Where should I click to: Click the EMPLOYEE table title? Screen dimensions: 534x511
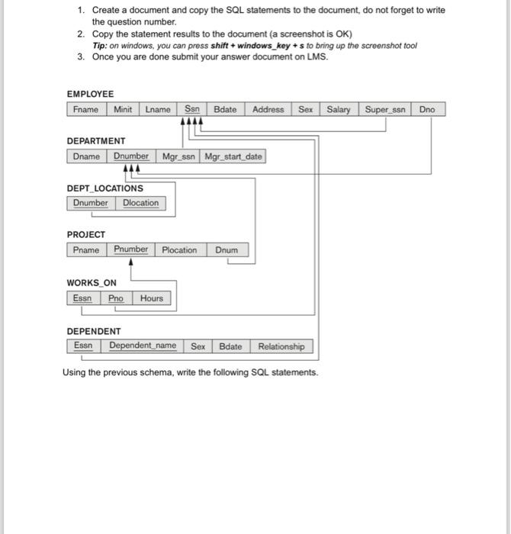(x=90, y=94)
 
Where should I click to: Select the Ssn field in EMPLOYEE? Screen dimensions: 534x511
(x=192, y=109)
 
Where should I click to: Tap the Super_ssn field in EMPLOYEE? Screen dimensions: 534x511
(x=386, y=109)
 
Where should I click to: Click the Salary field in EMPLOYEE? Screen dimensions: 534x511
(x=339, y=109)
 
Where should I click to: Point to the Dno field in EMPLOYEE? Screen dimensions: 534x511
(x=427, y=109)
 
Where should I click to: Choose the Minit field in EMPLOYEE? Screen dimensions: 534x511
(x=123, y=109)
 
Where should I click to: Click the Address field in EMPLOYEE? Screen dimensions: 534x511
(x=268, y=109)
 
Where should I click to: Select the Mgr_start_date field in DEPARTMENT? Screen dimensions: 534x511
(x=233, y=156)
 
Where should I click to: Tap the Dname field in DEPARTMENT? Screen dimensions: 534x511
(x=86, y=156)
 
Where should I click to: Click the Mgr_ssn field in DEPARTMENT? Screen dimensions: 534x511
(x=178, y=156)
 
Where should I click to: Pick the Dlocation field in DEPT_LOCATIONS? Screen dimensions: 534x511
(x=140, y=203)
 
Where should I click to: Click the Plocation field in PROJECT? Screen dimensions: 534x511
(x=179, y=250)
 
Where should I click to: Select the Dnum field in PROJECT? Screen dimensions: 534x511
(x=227, y=250)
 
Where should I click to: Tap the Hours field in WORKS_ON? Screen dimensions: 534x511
(x=151, y=298)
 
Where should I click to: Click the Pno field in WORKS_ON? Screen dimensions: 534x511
(x=115, y=298)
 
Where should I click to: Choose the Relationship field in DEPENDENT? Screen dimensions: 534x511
(x=281, y=346)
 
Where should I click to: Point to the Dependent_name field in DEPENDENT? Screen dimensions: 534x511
(x=143, y=346)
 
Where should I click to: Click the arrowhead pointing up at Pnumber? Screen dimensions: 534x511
(x=132, y=261)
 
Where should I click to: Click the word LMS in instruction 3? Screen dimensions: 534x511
(x=317, y=56)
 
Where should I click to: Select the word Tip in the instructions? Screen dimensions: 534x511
(x=100, y=45)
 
